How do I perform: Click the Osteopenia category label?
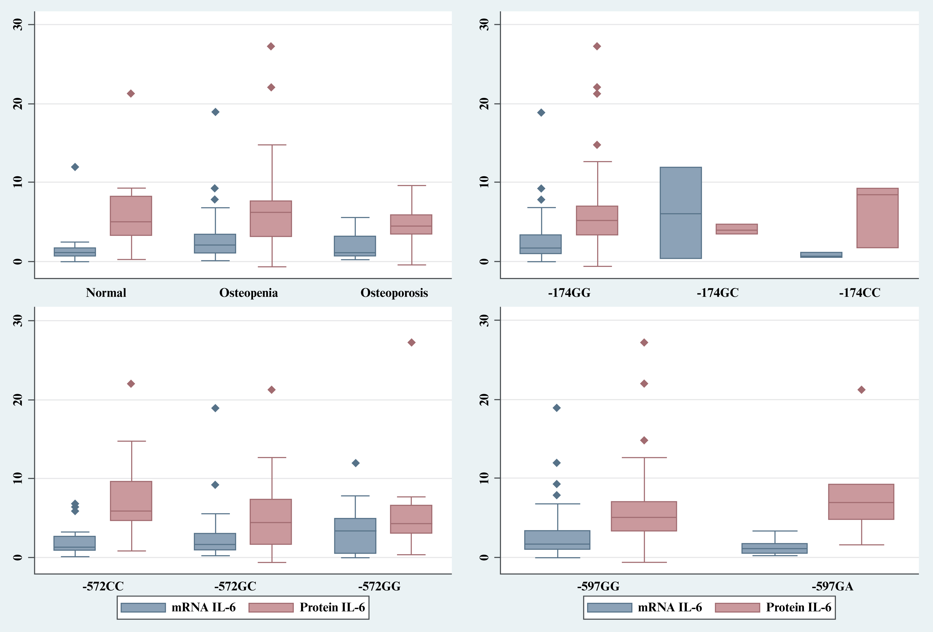[x=248, y=293]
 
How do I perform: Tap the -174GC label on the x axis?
[x=717, y=293]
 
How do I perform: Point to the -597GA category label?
[x=832, y=587]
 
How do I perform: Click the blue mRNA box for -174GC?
[x=680, y=213]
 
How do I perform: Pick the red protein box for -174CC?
[x=877, y=218]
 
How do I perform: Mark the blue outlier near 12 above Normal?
[x=75, y=167]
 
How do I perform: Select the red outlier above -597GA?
[x=861, y=390]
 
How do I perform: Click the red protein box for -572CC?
[x=131, y=501]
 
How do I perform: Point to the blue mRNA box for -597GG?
[x=557, y=540]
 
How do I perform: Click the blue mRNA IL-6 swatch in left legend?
[x=143, y=608]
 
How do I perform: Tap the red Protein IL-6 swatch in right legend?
[x=737, y=608]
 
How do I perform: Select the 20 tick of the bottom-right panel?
[x=484, y=400]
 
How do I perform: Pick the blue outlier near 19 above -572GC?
[x=215, y=408]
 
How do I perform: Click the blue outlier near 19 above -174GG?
[x=541, y=113]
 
